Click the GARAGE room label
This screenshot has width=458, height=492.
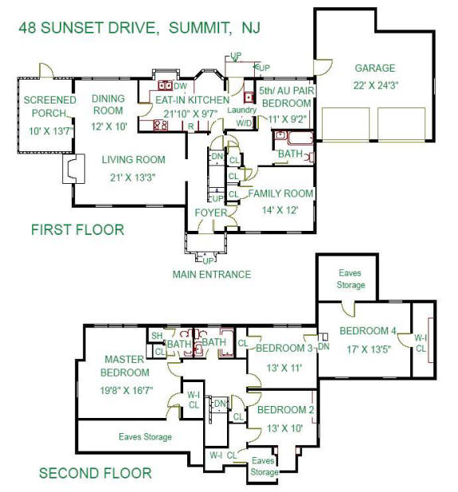pos(375,68)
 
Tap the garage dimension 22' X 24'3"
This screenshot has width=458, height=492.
pos(375,85)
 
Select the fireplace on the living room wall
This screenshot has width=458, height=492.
pos(74,169)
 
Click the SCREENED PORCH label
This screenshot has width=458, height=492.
pos(49,107)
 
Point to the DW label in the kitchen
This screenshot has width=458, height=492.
pos(180,86)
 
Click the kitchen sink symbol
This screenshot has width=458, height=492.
pos(165,85)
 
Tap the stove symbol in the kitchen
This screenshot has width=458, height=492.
pos(160,125)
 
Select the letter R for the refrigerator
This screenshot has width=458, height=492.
pos(190,127)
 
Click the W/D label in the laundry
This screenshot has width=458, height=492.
pos(245,123)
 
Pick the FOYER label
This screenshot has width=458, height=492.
pos(210,213)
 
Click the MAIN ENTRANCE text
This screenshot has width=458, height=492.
pos(212,275)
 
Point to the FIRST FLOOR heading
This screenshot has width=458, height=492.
pos(77,230)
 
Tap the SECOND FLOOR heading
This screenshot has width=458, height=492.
pos(95,473)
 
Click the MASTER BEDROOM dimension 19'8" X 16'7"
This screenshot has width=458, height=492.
pos(127,390)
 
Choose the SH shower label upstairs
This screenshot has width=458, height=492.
pos(157,336)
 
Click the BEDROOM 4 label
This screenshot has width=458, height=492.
pos(368,330)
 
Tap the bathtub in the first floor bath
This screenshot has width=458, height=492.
pos(300,138)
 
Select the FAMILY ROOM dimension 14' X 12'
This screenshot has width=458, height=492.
pos(280,210)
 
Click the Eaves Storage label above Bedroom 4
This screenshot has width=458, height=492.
pos(350,279)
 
